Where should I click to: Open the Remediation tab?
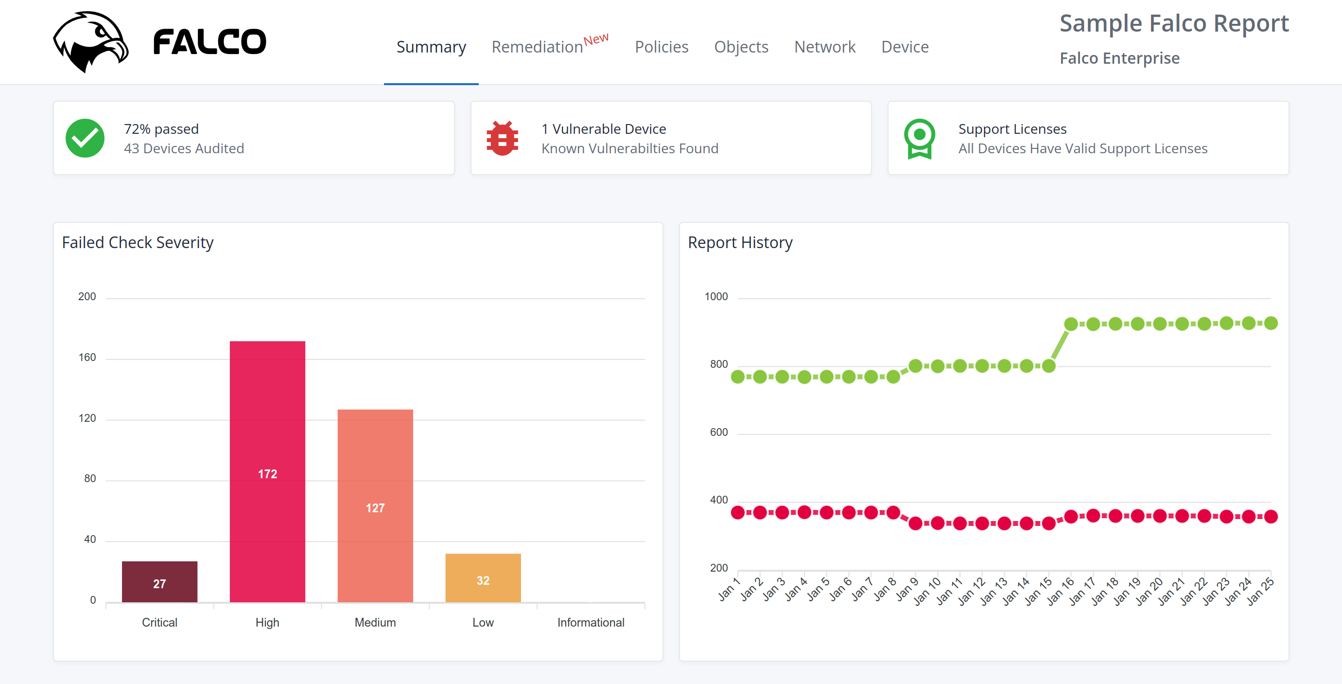point(537,47)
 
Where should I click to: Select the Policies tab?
point(661,47)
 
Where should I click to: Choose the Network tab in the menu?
point(824,47)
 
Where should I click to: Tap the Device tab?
point(905,47)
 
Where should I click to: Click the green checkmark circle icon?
point(85,138)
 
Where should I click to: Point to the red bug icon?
point(502,138)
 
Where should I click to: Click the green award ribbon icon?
point(919,138)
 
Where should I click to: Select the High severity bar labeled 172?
point(267,471)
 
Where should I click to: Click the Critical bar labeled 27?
point(159,582)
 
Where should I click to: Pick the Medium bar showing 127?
point(375,505)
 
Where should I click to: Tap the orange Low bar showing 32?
point(483,578)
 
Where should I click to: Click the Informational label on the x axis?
point(590,623)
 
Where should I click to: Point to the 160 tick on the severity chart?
point(87,358)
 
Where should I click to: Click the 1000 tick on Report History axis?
point(716,297)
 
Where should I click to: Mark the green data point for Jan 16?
point(1071,324)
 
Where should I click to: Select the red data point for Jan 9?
point(915,523)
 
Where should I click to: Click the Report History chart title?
point(740,242)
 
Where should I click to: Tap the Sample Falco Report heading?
point(1174,23)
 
